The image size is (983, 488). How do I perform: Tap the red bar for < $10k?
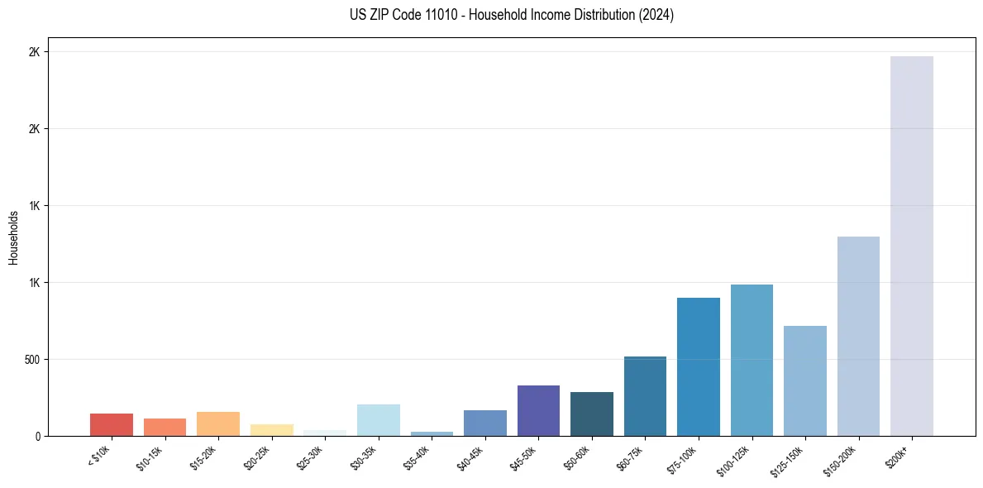pyautogui.click(x=112, y=424)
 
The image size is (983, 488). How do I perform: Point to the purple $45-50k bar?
pyautogui.click(x=538, y=410)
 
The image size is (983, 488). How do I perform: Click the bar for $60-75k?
pyautogui.click(x=645, y=396)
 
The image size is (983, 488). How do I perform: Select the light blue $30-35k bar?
pyautogui.click(x=379, y=420)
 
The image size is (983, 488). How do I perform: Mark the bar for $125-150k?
pyautogui.click(x=805, y=380)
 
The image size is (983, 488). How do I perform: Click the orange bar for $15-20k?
pyautogui.click(x=218, y=423)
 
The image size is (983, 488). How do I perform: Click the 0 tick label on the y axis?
pyautogui.click(x=37, y=437)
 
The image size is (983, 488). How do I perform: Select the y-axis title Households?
pyautogui.click(x=13, y=237)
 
